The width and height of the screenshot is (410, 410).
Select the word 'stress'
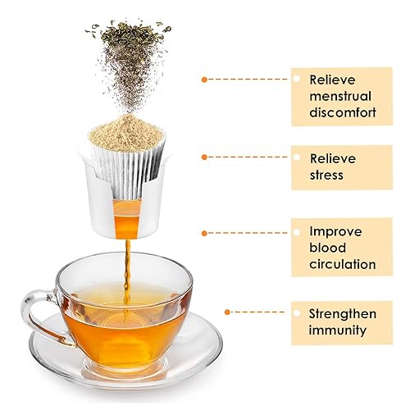click(326, 175)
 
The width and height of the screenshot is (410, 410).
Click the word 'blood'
click(328, 248)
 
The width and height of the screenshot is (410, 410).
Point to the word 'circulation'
click(343, 265)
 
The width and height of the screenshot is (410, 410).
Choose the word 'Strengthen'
click(343, 314)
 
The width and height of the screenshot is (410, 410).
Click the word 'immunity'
click(339, 331)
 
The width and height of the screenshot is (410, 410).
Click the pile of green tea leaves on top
click(129, 41)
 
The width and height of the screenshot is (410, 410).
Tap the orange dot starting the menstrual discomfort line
click(203, 79)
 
